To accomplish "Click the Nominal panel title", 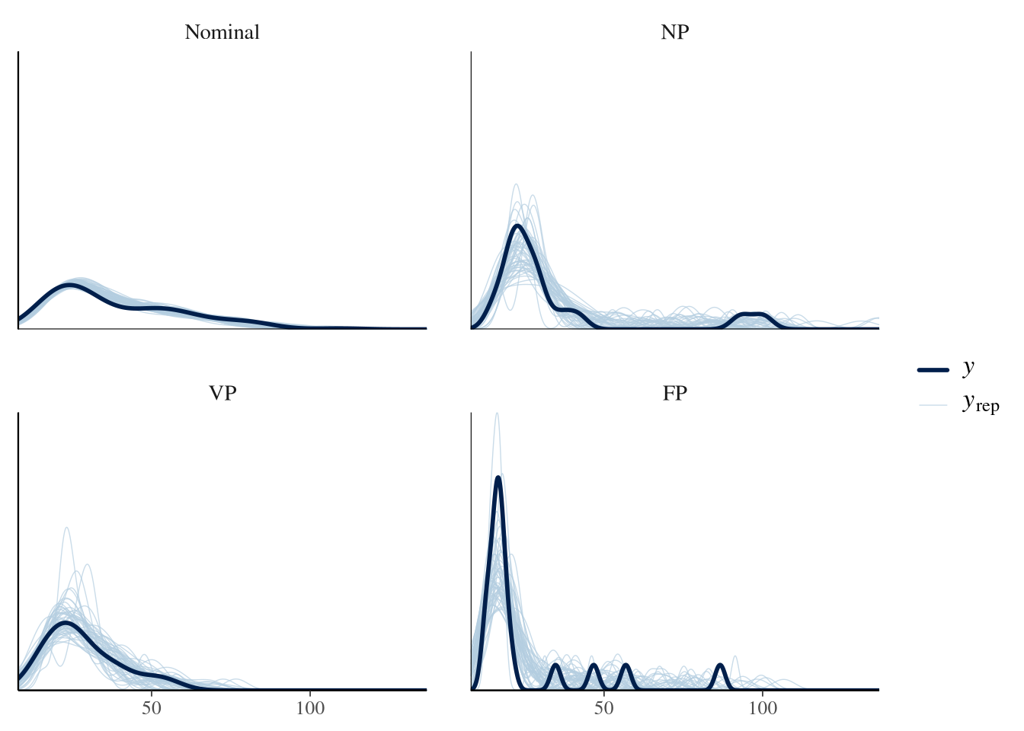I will click(222, 33).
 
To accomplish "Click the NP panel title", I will click(674, 33).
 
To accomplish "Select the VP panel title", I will click(222, 394).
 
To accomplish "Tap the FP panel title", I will click(674, 394).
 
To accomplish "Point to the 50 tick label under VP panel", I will click(152, 709).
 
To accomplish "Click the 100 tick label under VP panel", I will click(309, 709).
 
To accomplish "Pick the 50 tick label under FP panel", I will click(604, 709).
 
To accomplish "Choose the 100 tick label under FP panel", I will click(763, 709).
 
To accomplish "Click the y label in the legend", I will click(968, 367).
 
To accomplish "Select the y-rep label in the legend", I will click(980, 402).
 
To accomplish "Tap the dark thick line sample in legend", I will click(933, 370).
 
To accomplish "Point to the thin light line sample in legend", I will click(933, 404).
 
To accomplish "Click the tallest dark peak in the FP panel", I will click(498, 478).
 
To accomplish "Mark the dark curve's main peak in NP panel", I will click(517, 226).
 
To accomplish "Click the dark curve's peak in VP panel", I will click(66, 623).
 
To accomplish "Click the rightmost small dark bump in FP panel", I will click(719, 666).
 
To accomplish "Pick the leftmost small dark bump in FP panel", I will click(555, 666).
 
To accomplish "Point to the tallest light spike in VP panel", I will click(66, 528).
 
